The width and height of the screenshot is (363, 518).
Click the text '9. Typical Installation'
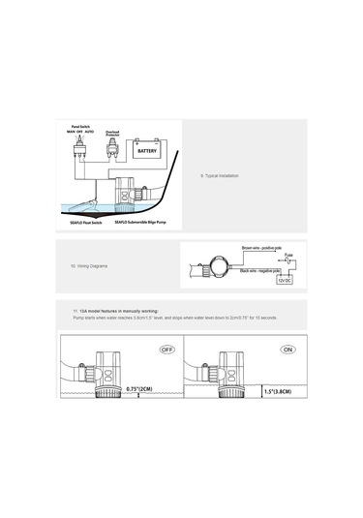[219, 175]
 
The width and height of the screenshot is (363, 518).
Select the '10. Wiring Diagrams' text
[88, 264]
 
